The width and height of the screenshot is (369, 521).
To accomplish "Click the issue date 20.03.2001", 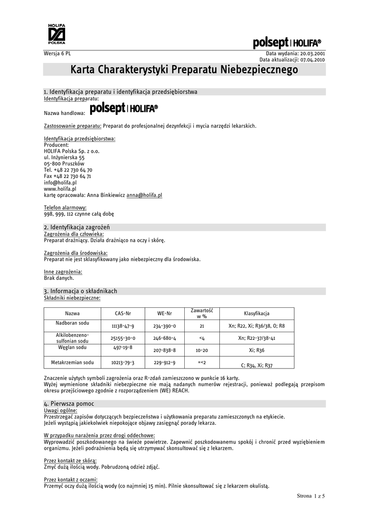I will tap(311, 53).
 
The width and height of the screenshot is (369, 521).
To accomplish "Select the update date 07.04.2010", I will tap(311, 60).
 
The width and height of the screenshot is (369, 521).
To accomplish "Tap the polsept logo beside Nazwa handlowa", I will tap(124, 109).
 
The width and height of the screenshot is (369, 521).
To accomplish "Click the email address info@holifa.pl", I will tap(60, 182).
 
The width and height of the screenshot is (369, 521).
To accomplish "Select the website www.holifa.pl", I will tap(60, 188).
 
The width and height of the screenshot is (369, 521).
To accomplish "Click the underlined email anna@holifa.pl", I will tap(144, 195).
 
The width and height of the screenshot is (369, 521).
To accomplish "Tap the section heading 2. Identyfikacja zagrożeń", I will tap(77, 226).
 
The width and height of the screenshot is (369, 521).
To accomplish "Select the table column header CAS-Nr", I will tap(123, 313).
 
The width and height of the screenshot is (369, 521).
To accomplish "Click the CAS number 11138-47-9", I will tap(123, 326).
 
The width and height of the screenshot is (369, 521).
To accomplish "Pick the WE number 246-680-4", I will tap(164, 338).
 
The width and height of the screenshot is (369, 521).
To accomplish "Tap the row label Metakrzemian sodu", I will tap(72, 362).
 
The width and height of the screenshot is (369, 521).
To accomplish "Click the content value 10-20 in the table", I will tap(202, 351).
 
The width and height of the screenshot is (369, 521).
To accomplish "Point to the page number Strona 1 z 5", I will tap(310, 495).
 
